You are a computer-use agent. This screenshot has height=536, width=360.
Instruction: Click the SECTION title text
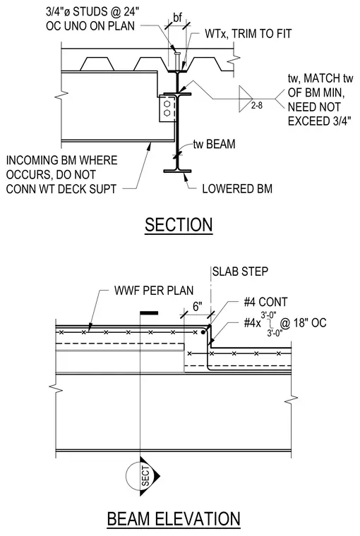click(179, 224)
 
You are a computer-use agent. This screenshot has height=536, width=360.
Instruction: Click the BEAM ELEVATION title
click(174, 518)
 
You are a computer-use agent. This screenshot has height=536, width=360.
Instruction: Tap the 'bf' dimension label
click(177, 18)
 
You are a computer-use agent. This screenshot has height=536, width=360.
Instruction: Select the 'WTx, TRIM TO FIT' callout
click(248, 34)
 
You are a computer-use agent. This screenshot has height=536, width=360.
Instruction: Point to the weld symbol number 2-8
click(257, 105)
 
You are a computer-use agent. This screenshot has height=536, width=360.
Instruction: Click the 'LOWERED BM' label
click(237, 189)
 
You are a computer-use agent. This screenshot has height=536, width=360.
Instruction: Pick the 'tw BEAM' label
click(214, 144)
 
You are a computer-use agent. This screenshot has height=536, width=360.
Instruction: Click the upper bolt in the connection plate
click(167, 103)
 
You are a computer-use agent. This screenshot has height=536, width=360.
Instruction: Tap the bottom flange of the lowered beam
click(177, 171)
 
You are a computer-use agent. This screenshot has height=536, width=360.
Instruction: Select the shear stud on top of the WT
click(177, 61)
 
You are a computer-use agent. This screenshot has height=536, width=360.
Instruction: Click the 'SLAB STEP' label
click(240, 272)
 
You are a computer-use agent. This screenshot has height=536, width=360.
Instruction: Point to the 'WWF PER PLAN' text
click(154, 291)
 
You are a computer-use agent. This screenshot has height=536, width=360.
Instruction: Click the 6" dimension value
click(198, 306)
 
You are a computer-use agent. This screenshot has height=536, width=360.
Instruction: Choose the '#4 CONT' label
click(265, 302)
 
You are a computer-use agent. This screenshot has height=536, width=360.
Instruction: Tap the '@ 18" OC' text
click(304, 323)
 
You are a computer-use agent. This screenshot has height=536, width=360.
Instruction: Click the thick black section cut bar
click(149, 312)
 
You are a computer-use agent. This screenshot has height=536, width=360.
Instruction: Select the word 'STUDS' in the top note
click(90, 11)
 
